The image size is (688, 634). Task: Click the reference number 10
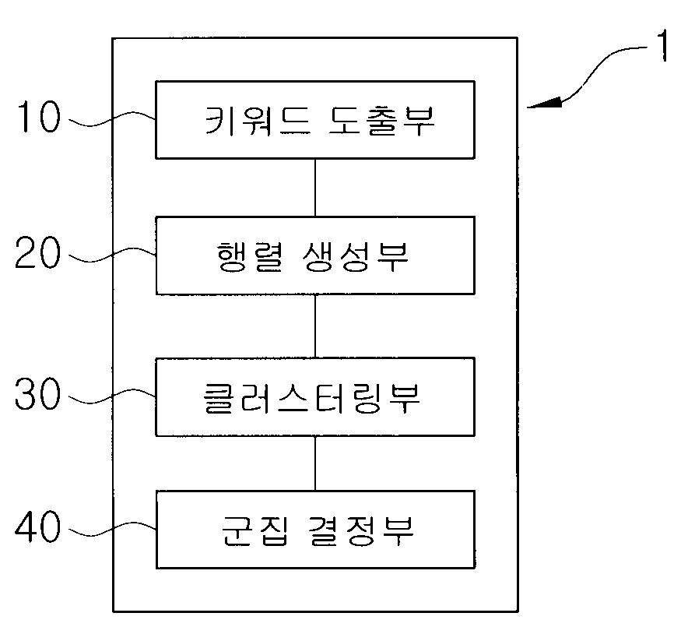click(38, 116)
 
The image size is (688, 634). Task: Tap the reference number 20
click(37, 252)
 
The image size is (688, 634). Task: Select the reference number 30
click(37, 393)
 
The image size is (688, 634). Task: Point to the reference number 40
click(37, 526)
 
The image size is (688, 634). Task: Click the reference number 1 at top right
click(662, 46)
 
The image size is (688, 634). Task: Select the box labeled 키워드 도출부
click(315, 120)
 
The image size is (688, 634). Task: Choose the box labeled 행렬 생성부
click(315, 255)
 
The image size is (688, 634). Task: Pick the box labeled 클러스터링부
click(315, 397)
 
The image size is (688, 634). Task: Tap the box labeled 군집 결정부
click(315, 530)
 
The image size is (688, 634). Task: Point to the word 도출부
click(381, 121)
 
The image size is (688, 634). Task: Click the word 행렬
click(249, 256)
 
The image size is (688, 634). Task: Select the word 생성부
click(356, 256)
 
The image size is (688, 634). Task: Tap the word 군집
click(255, 530)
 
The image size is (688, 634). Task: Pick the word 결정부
click(361, 530)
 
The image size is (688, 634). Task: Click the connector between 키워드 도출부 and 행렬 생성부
click(315, 188)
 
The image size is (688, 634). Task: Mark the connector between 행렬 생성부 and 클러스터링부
click(315, 326)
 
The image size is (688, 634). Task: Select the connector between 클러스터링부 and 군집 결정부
click(315, 463)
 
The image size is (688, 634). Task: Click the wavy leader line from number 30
click(113, 395)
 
